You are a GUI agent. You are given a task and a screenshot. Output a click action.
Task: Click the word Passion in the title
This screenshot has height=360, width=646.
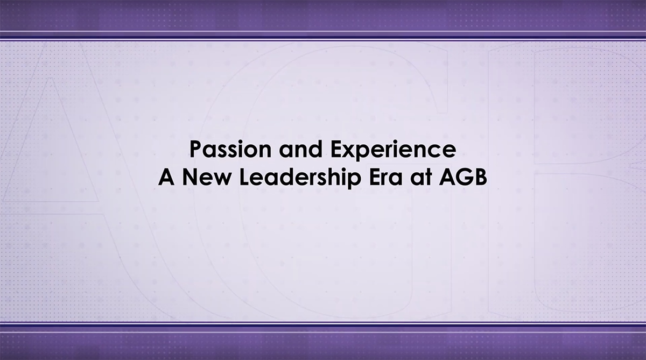[230, 150]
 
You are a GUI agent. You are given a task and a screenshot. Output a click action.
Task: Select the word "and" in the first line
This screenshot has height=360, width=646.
[300, 149]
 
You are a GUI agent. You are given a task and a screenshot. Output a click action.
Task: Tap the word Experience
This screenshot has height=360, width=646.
[394, 150]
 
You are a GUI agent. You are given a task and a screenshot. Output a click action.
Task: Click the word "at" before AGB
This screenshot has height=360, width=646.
[420, 177]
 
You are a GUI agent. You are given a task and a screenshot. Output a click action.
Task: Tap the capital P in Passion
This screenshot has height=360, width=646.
[195, 149]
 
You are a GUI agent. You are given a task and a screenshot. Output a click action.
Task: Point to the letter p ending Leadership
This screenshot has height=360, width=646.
[354, 181]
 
